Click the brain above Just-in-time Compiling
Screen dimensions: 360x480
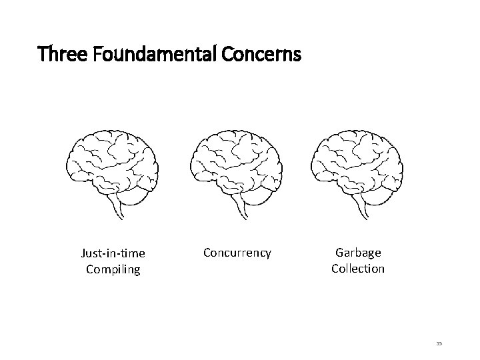click(113, 167)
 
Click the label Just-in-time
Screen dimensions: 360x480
click(113, 253)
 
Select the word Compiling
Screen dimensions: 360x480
click(113, 269)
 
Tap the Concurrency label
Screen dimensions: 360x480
click(237, 253)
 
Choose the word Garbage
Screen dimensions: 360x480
click(358, 253)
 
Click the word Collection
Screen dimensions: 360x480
click(358, 269)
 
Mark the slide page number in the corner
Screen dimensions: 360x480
click(440, 344)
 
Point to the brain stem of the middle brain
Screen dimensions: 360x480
click(241, 207)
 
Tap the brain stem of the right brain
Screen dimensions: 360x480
click(363, 207)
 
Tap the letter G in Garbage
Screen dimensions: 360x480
click(339, 253)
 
